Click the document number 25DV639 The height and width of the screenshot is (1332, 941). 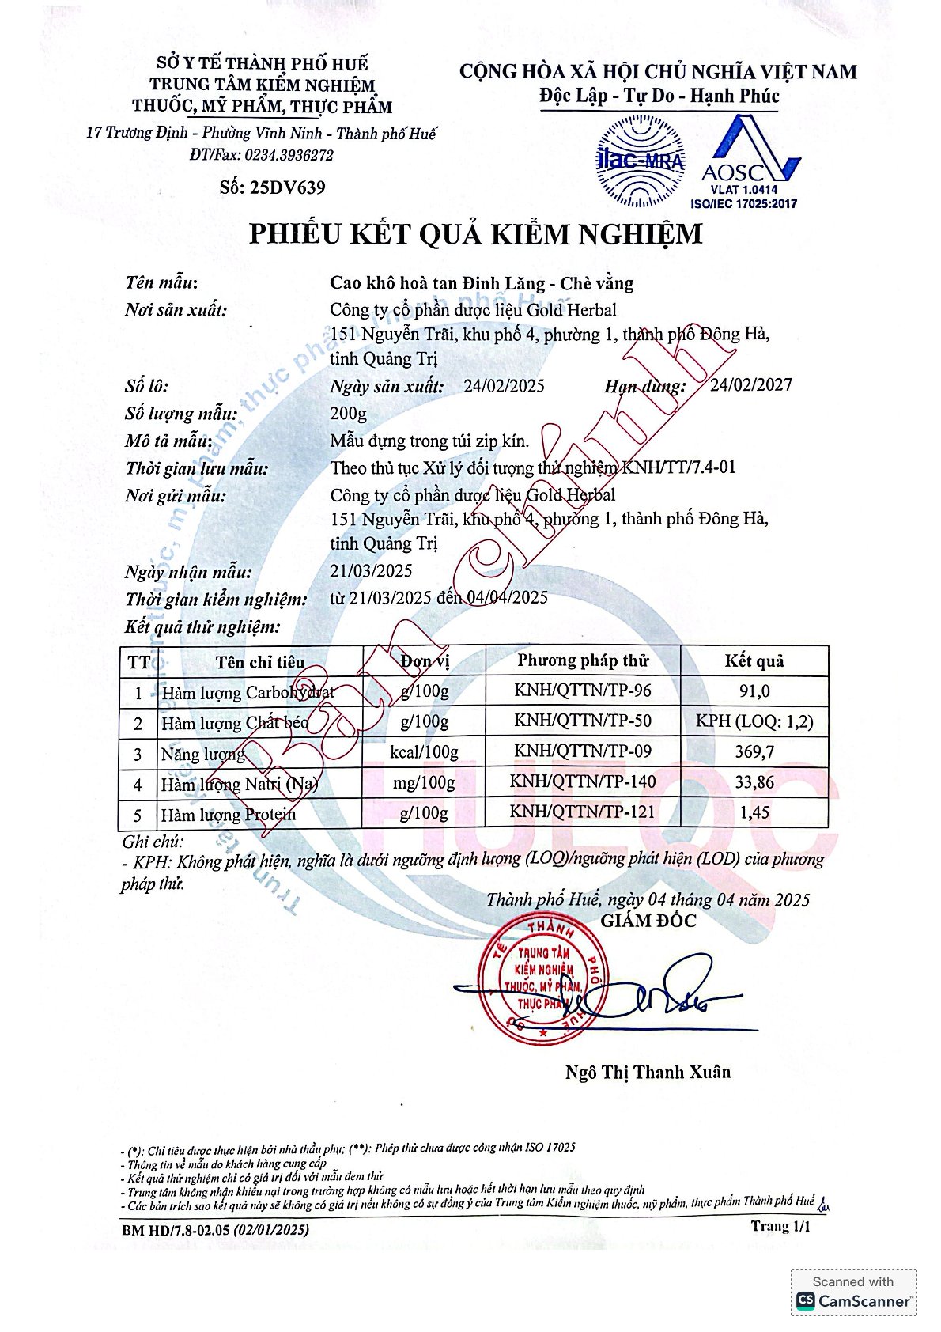(x=286, y=187)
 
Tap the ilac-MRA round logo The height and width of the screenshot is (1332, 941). (x=640, y=161)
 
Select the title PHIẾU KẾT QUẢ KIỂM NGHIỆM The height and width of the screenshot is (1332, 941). (x=475, y=234)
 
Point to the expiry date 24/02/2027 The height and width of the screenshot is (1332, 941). (x=750, y=385)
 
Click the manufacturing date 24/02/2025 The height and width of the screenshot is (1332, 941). (x=504, y=386)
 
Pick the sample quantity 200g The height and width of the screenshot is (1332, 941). (x=348, y=413)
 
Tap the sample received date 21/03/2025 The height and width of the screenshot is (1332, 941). (x=371, y=570)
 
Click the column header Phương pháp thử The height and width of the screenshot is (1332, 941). (x=583, y=660)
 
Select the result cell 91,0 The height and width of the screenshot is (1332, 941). (x=754, y=691)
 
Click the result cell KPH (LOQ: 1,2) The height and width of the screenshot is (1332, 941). (x=754, y=721)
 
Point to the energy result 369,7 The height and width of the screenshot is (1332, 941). (x=754, y=751)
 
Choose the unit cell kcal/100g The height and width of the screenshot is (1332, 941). (x=424, y=751)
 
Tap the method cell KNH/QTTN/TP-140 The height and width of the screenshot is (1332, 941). (x=583, y=781)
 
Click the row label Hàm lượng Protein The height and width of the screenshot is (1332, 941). (x=229, y=815)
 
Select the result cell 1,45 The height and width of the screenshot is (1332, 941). (x=754, y=812)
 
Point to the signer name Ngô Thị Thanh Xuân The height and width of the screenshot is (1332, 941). (x=648, y=1072)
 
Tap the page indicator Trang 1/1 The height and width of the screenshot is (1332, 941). (x=780, y=1226)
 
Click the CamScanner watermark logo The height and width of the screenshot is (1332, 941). (x=853, y=1292)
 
